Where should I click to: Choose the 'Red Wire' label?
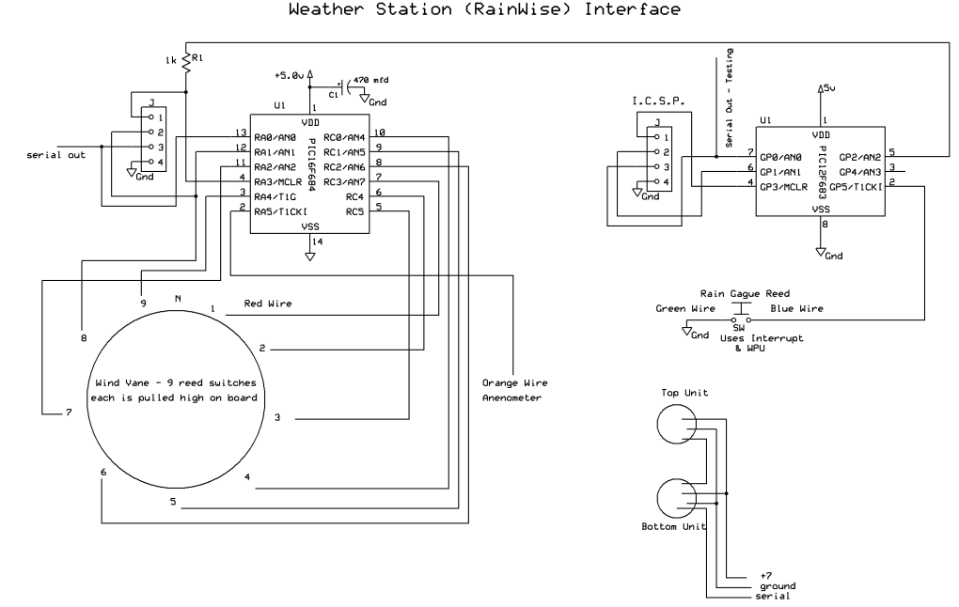268,304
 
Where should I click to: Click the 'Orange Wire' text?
514,383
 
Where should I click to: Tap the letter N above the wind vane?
178,300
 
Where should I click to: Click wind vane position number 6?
103,472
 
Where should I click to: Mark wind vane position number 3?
277,417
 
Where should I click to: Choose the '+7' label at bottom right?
765,576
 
